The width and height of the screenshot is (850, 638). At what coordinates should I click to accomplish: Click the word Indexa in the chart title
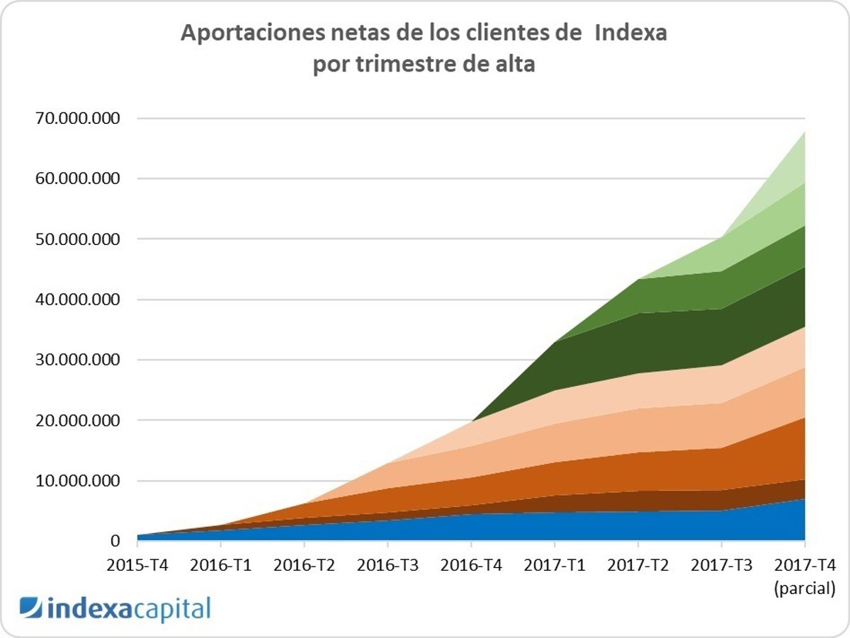[x=630, y=33]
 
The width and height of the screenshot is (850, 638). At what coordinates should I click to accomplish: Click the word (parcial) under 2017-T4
[x=805, y=588]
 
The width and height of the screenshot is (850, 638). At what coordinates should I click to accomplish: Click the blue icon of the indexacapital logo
[x=30, y=608]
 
